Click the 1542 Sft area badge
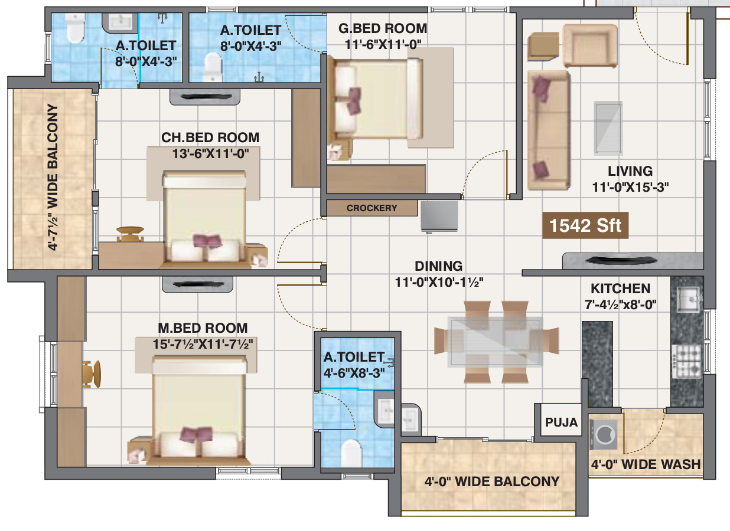(585, 225)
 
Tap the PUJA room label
(561, 422)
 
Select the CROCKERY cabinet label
(372, 208)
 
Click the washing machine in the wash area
(603, 435)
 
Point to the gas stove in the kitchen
(686, 362)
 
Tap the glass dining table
(496, 342)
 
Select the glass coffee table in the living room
(608, 128)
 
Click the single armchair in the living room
(590, 45)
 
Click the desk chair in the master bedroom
(92, 374)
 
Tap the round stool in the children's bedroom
(130, 234)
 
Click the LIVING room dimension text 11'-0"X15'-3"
(630, 187)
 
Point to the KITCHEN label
(621, 289)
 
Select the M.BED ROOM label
(203, 328)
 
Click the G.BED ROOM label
(383, 28)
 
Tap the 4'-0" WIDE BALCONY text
(492, 481)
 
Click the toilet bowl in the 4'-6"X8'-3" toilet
(351, 453)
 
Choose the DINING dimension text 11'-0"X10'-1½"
(439, 282)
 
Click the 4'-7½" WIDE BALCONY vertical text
(53, 177)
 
